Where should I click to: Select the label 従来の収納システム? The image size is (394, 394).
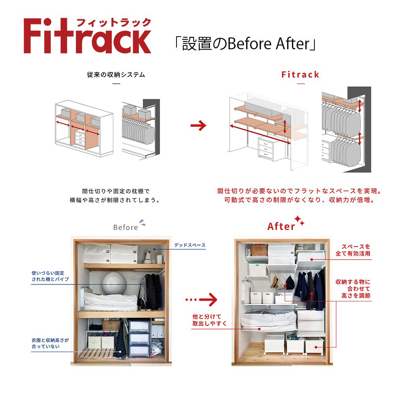pos(116,74)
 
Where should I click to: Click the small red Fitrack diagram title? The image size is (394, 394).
pos(300,74)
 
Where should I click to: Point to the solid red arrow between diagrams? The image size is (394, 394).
pos(198,126)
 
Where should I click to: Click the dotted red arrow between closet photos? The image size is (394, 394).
pos(201,300)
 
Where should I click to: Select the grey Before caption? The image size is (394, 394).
pos(125,227)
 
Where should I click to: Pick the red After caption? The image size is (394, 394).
pos(281,227)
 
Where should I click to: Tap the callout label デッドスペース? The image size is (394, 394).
pos(190,245)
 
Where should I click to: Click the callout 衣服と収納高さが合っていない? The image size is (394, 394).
pos(50,343)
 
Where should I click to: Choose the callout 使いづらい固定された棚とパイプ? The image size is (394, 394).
pos(50,276)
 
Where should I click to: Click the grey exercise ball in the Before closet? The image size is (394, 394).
pos(114,283)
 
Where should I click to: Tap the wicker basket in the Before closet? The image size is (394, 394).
pos(111,325)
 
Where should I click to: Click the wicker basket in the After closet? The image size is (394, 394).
pos(259,250)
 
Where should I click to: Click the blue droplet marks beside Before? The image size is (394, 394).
pos(142,223)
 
